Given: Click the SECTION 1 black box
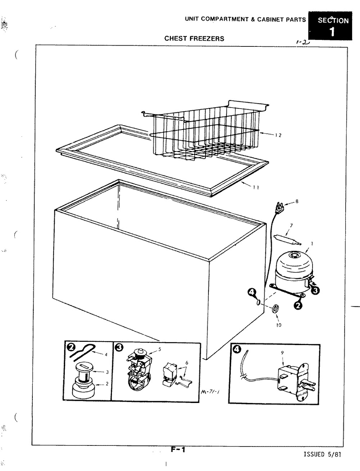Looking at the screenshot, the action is (330, 26).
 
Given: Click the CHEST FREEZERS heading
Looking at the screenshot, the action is (194, 39).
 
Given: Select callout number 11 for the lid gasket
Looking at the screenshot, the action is (256, 187).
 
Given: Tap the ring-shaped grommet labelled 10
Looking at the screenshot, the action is (275, 309).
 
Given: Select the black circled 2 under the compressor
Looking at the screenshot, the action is (298, 305).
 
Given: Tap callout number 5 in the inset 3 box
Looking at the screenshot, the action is (159, 349).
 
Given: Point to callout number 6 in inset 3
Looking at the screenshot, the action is (187, 363).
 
